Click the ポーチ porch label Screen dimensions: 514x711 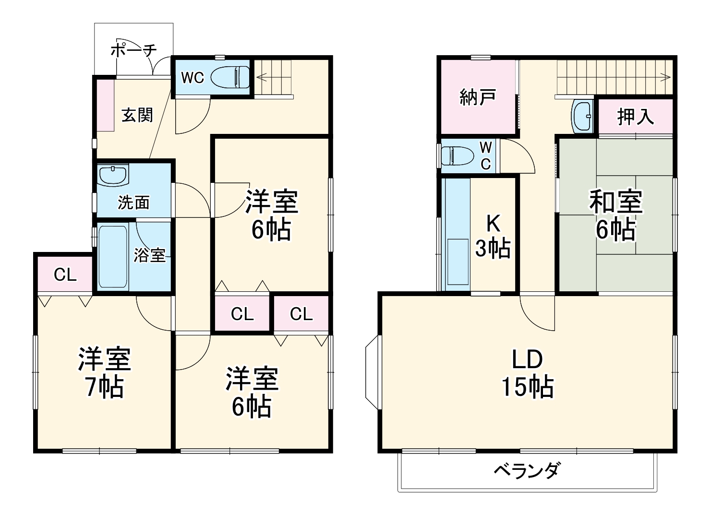133,50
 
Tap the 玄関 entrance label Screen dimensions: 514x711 137,115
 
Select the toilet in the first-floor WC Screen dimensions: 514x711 230,77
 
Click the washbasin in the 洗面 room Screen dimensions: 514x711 113,175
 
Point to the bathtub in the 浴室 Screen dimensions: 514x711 113,256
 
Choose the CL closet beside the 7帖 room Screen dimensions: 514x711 65,275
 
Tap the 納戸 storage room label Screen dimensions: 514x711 477,97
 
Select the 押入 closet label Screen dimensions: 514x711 635,117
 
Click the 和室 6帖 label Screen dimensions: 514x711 616,215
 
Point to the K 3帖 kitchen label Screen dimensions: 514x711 493,236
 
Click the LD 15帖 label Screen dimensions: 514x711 527,373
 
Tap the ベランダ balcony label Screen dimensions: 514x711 527,470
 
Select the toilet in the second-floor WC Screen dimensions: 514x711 457,156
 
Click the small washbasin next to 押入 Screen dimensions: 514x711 582,116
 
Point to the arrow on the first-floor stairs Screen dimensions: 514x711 262,76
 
